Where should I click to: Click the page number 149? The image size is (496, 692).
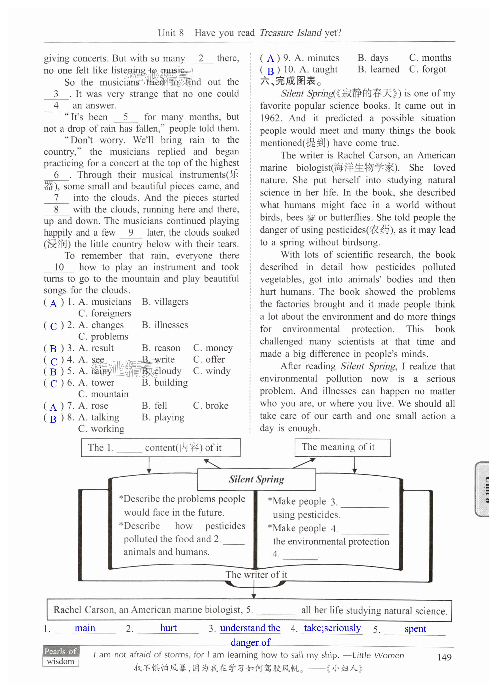pyautogui.click(x=444, y=657)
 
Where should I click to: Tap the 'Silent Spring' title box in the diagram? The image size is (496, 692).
pyautogui.click(x=256, y=479)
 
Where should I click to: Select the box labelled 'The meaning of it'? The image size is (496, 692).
pyautogui.click(x=342, y=447)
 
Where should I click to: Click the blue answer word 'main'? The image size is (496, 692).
pyautogui.click(x=85, y=628)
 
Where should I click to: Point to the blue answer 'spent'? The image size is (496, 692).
pyautogui.click(x=415, y=628)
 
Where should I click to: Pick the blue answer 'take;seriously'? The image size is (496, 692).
pyautogui.click(x=332, y=628)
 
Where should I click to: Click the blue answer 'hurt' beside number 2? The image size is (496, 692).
pyautogui.click(x=168, y=628)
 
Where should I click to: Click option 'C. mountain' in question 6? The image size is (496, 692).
pyautogui.click(x=103, y=394)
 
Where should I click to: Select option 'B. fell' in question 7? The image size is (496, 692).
pyautogui.click(x=154, y=406)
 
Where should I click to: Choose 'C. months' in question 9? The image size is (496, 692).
pyautogui.click(x=430, y=58)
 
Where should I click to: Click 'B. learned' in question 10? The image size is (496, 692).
pyautogui.click(x=378, y=69)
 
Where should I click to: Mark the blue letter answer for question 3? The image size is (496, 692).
pyautogui.click(x=53, y=348)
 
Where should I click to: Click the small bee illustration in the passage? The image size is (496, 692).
pyautogui.click(x=311, y=218)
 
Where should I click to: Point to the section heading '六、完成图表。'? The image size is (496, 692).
pyautogui.click(x=291, y=81)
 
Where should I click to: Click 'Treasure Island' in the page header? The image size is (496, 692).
pyautogui.click(x=290, y=33)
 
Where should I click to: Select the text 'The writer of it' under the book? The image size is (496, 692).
pyautogui.click(x=256, y=574)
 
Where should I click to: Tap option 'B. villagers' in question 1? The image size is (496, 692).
pyautogui.click(x=165, y=302)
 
